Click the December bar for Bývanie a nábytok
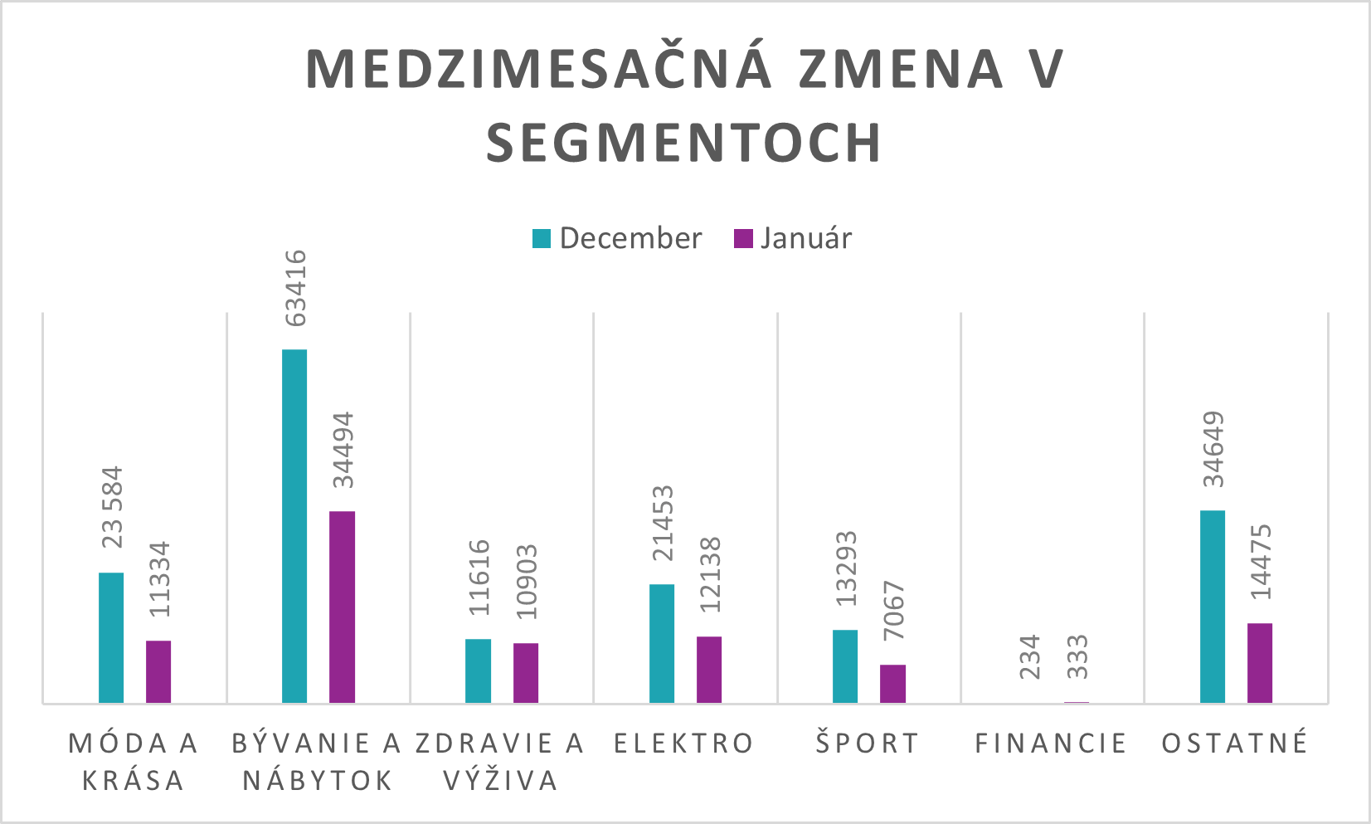(294, 526)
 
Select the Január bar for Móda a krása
(158, 671)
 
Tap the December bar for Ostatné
(1213, 607)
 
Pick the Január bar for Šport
(892, 684)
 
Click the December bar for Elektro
(662, 643)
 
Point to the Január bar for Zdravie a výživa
(526, 673)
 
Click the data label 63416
(295, 288)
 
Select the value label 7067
(894, 611)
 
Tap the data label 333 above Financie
(1077, 657)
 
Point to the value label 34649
(1213, 449)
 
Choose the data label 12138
(710, 575)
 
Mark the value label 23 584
(112, 507)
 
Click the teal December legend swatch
(542, 239)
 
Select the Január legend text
(805, 238)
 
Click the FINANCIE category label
(1051, 744)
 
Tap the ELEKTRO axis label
(684, 744)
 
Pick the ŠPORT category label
(868, 744)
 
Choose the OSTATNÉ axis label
(1235, 744)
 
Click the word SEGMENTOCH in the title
(683, 143)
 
